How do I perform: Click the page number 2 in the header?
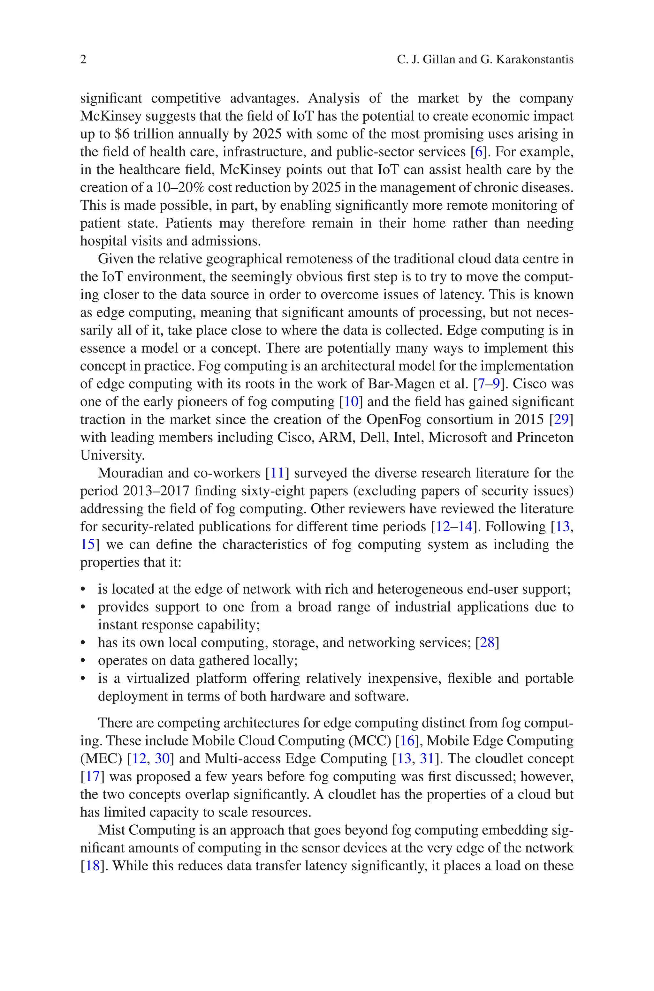(83, 60)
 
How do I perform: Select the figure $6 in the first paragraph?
(121, 134)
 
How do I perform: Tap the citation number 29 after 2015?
(561, 420)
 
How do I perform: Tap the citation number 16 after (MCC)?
(407, 741)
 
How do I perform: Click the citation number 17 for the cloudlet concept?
(93, 777)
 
